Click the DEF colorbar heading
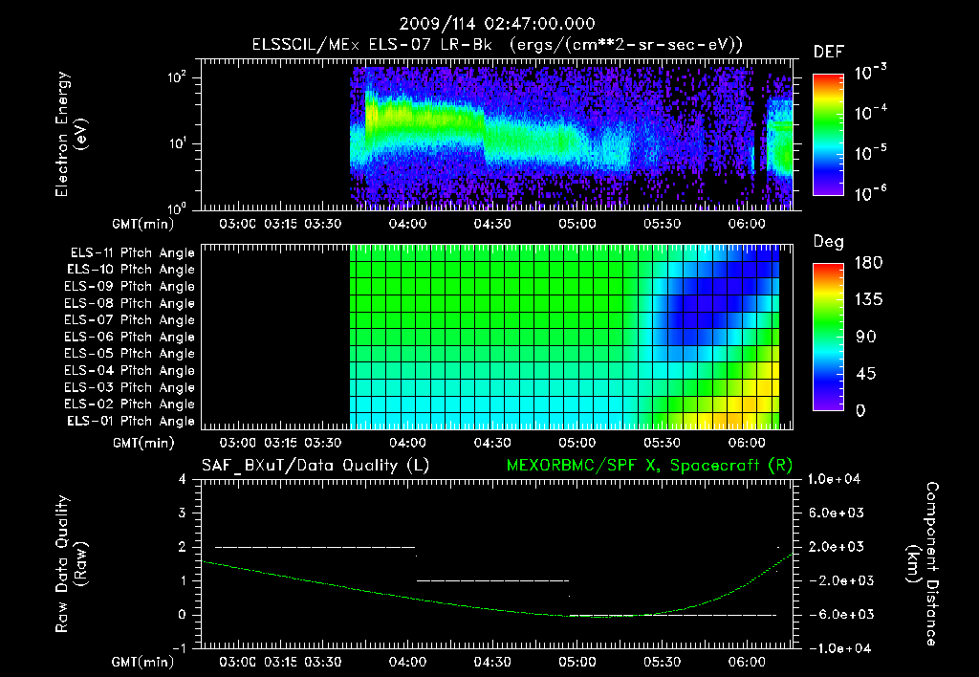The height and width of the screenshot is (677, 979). pos(828,53)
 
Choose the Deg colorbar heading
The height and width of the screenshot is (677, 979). pos(827,242)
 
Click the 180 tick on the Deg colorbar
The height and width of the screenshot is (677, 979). pos(862,263)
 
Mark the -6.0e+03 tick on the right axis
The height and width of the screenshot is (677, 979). pos(836,614)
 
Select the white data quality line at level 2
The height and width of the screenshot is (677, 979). pos(315,547)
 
